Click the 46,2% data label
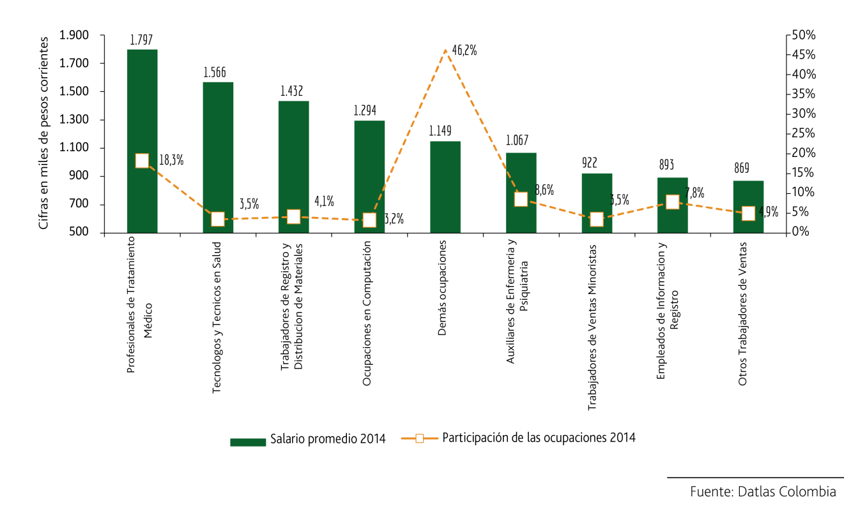[464, 50]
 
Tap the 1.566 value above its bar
[215, 72]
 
